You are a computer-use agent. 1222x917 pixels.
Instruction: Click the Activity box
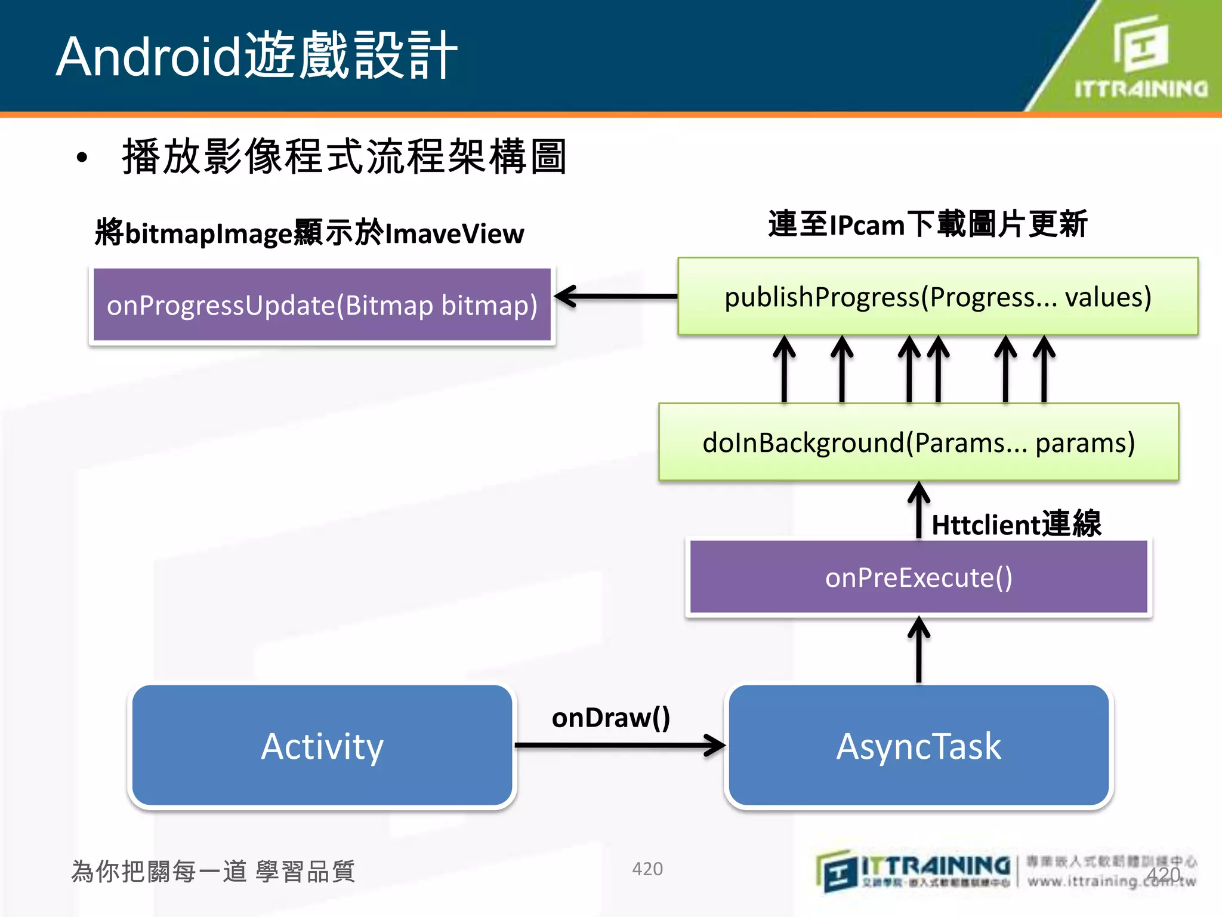coord(322,746)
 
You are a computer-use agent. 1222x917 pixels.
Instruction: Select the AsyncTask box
coord(919,746)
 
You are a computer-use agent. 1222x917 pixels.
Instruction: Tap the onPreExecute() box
coord(919,577)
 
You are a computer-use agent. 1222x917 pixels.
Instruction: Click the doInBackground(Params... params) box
coord(919,442)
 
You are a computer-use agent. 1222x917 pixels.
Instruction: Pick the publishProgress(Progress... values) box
coord(938,297)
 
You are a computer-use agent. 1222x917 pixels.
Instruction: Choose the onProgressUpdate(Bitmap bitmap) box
coord(322,305)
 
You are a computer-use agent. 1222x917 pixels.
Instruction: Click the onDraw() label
coord(611,718)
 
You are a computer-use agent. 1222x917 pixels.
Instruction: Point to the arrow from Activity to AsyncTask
coord(621,745)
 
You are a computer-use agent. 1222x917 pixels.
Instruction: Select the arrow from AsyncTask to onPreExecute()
coord(919,651)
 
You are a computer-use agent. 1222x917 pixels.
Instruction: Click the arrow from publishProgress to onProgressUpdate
coord(618,296)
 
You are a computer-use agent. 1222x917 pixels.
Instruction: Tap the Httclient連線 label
coord(1016,524)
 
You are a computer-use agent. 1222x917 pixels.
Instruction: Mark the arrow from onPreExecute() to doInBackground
coord(919,510)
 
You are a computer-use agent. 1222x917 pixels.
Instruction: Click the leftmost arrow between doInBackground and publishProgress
coord(784,369)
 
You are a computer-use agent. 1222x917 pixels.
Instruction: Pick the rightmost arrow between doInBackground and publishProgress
coord(1044,369)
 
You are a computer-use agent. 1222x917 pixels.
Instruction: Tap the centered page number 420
coord(647,869)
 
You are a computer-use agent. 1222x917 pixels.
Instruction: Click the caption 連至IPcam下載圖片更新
coord(928,224)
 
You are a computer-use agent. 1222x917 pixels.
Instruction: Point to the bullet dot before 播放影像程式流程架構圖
coord(82,158)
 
